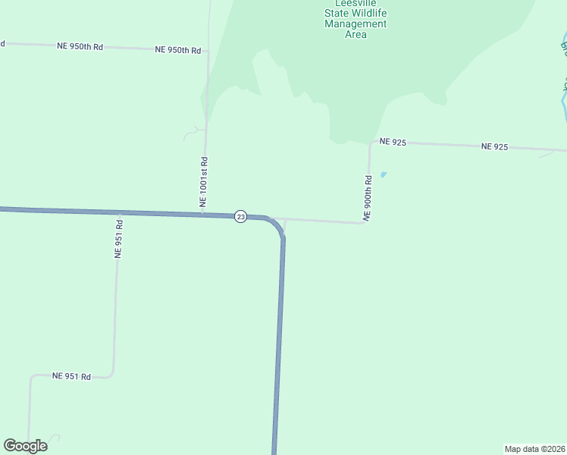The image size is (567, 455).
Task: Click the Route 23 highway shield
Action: [240, 217]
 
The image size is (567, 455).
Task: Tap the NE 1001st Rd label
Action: [203, 183]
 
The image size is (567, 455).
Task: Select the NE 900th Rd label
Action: [368, 199]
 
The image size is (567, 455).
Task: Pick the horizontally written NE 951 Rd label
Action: [71, 376]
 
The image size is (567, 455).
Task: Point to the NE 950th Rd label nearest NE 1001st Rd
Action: [177, 50]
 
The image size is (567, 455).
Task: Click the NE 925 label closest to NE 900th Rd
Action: [393, 142]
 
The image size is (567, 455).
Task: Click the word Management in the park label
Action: [356, 24]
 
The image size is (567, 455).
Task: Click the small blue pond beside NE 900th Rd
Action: [383, 174]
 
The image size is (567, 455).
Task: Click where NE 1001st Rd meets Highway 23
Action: [202, 214]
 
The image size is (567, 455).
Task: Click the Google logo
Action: [25, 446]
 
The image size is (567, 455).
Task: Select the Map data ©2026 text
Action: [534, 449]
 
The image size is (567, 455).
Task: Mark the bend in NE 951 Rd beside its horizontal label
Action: [111, 372]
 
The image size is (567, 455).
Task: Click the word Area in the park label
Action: [356, 34]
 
